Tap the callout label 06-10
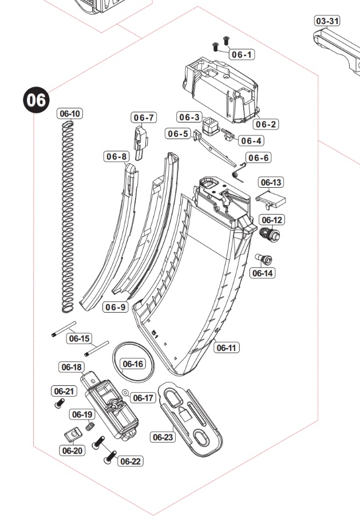[x=70, y=113]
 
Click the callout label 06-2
[x=266, y=124]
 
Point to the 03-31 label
[x=327, y=21]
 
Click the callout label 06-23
[x=163, y=437]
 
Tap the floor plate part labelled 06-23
[x=193, y=418]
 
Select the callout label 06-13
[x=271, y=183]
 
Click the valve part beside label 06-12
[x=269, y=234]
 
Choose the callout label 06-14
[x=262, y=273]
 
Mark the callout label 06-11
[x=227, y=348]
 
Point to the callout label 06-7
[x=144, y=117]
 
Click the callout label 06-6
[x=258, y=158]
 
